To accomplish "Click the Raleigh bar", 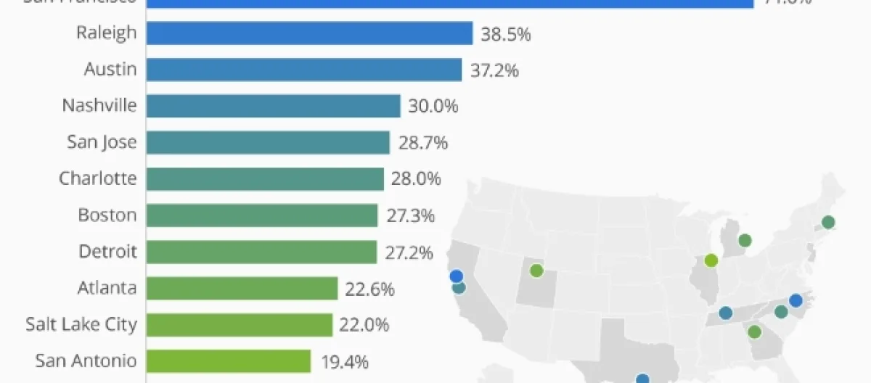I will [309, 33].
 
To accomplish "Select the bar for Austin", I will [303, 70].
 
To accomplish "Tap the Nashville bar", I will [273, 106].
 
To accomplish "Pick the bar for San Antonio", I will [228, 361].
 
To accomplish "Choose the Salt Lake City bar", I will [239, 324].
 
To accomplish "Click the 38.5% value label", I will [505, 34].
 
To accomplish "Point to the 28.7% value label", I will [422, 143].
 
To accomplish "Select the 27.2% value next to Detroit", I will [409, 252].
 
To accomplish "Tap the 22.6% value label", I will [370, 289].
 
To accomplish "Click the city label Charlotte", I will [97, 178].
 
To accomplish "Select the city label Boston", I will [107, 215].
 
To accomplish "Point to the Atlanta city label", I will [107, 288].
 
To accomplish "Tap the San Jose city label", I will [102, 142].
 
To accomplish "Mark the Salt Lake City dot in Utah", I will [536, 271].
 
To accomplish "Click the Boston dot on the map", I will [827, 222].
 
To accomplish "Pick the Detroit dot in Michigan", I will [745, 240].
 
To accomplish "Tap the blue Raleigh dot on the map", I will [796, 300].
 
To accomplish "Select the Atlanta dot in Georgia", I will [754, 332].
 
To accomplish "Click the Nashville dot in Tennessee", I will [725, 313].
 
